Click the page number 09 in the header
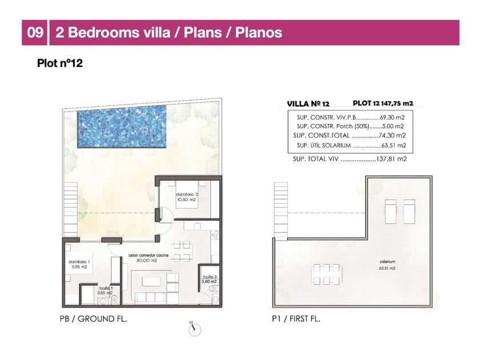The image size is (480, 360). [35, 33]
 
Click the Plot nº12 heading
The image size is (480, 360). [60, 63]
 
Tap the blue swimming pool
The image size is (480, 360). [122, 127]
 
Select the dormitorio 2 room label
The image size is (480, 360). [187, 197]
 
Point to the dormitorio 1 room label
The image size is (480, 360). [79, 264]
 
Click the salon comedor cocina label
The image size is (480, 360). [148, 258]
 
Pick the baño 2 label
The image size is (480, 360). [209, 279]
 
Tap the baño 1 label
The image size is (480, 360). [105, 290]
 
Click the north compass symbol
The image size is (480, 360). [194, 329]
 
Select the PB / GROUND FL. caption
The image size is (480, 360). [93, 319]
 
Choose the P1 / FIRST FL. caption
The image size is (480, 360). [296, 319]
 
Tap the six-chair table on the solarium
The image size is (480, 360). [327, 274]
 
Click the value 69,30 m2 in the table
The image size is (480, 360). [392, 117]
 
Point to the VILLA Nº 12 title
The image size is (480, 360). [308, 104]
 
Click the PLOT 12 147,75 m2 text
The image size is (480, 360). [383, 103]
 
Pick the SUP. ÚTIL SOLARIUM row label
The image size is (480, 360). [323, 145]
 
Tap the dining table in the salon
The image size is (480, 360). [182, 251]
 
